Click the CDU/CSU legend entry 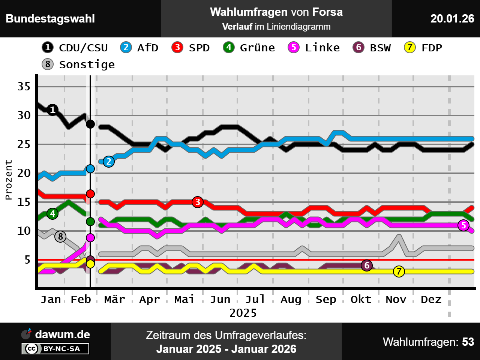[x=75, y=48]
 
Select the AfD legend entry [x=139, y=48]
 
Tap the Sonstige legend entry [x=79, y=64]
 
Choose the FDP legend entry [x=423, y=48]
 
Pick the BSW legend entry [x=372, y=48]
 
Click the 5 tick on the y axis [x=27, y=259]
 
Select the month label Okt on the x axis [x=361, y=299]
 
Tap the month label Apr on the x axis [x=149, y=299]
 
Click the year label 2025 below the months [x=243, y=313]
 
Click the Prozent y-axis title [x=9, y=180]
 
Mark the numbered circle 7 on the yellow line [x=399, y=271]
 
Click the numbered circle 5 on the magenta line [x=464, y=225]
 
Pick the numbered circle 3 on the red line [x=198, y=202]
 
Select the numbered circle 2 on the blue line [x=109, y=162]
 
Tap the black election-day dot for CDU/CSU [x=90, y=124]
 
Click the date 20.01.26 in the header [x=452, y=18]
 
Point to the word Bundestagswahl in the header [x=50, y=18]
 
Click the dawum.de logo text [x=63, y=334]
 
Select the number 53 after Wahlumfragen [x=468, y=342]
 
